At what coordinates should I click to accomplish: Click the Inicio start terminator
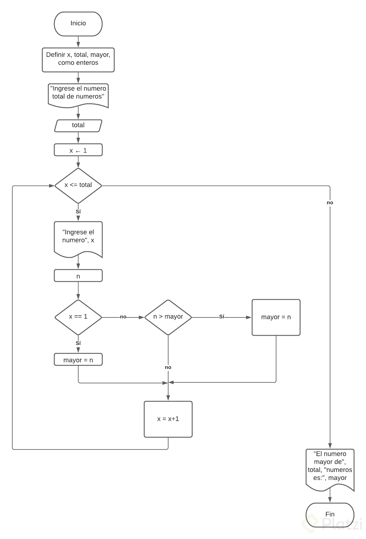(78, 24)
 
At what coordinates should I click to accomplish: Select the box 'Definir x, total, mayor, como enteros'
(78, 59)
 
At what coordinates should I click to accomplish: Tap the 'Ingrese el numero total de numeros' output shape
(78, 94)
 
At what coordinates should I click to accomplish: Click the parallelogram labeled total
(78, 125)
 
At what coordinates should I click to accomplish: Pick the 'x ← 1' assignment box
(78, 150)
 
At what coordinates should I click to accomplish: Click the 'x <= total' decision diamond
(78, 185)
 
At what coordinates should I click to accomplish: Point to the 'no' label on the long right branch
(330, 203)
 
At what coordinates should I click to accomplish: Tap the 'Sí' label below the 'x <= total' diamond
(78, 212)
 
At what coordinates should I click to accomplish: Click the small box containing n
(78, 276)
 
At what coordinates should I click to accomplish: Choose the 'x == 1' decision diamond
(78, 317)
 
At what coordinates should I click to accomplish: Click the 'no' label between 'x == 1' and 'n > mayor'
(123, 317)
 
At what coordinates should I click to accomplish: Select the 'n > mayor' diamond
(168, 317)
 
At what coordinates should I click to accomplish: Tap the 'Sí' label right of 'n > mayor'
(222, 317)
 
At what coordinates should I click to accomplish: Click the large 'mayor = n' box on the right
(276, 317)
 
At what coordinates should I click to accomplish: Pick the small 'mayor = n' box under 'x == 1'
(78, 360)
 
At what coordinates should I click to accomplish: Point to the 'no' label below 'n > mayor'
(168, 367)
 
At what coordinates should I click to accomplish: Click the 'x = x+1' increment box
(168, 419)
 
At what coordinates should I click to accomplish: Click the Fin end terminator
(330, 514)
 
